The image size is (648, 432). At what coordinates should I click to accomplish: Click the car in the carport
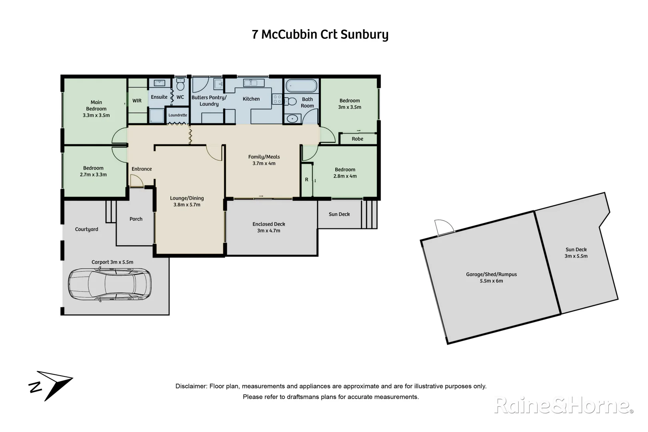click(110, 284)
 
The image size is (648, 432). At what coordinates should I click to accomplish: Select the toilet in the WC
click(180, 86)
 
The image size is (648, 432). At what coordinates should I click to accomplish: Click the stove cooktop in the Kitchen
click(277, 99)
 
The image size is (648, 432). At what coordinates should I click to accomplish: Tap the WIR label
click(137, 101)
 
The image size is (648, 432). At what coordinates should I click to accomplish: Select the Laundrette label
click(178, 115)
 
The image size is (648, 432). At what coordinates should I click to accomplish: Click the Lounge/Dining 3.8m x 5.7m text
click(187, 201)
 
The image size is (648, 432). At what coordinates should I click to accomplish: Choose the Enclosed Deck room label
click(269, 224)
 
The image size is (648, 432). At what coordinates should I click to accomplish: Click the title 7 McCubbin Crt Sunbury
click(320, 34)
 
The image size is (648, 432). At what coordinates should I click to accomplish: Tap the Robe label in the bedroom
click(358, 139)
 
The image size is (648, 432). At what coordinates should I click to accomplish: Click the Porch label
click(136, 219)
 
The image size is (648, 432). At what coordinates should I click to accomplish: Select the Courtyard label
click(86, 229)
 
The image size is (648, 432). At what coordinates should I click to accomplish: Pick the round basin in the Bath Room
click(293, 118)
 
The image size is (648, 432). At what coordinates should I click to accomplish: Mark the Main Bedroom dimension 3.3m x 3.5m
click(96, 115)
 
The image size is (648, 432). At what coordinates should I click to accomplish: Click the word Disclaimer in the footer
click(191, 386)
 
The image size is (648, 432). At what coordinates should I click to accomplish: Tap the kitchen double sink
click(251, 83)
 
